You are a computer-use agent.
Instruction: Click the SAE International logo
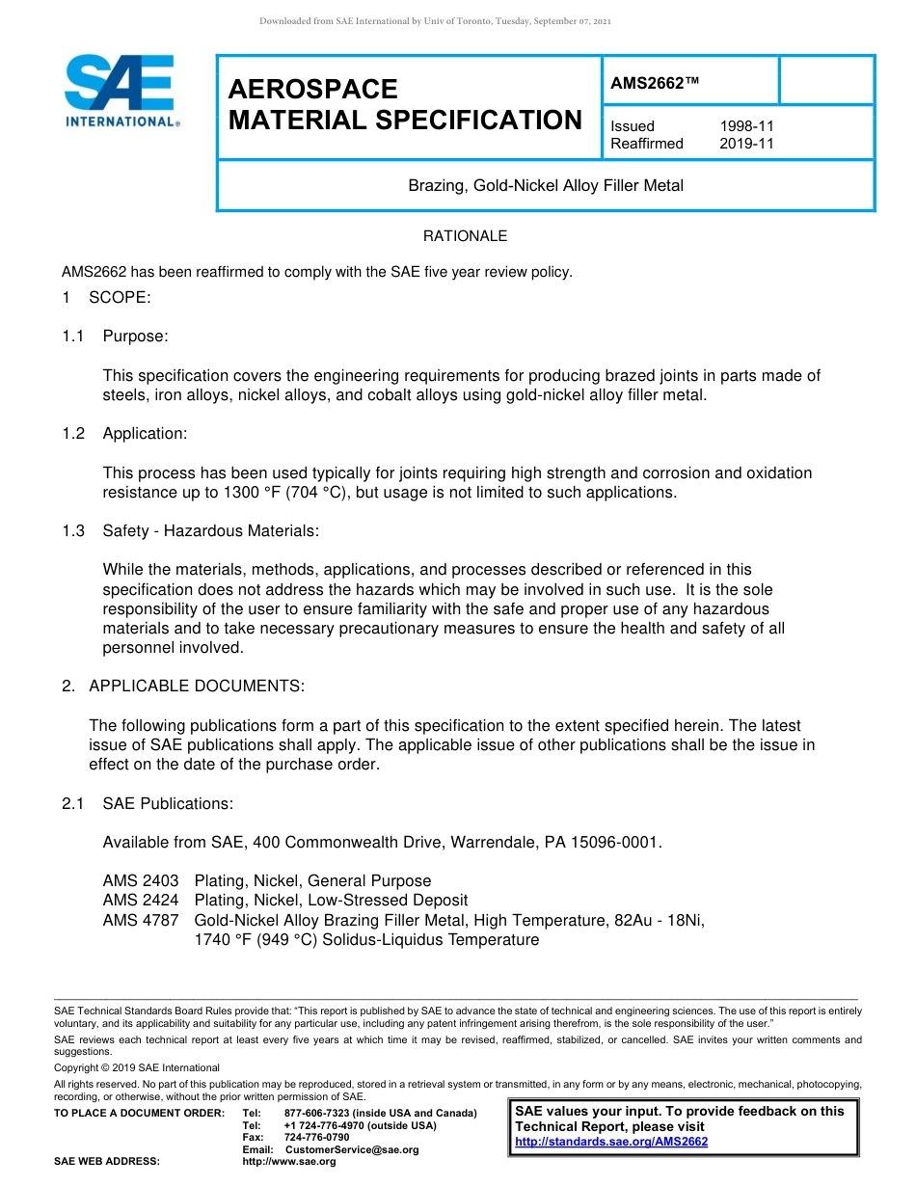[x=121, y=91]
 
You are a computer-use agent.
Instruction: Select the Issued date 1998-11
[x=746, y=126]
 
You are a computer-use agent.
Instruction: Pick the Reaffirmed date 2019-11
[x=746, y=144]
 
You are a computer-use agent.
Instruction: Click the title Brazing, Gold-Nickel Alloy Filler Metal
[x=546, y=185]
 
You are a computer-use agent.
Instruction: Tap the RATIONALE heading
[x=465, y=236]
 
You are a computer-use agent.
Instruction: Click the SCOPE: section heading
[x=120, y=297]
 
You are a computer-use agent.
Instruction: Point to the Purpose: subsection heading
[x=135, y=336]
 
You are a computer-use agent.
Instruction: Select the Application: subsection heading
[x=145, y=433]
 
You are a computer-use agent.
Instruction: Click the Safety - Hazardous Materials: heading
[x=210, y=530]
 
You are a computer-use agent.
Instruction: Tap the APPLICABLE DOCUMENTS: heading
[x=197, y=686]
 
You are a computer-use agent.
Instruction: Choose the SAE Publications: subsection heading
[x=168, y=803]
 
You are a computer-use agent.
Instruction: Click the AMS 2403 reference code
[x=141, y=880]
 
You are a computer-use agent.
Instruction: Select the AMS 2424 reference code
[x=141, y=901]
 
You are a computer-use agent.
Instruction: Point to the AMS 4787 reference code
[x=141, y=920]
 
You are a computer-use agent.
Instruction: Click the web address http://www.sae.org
[x=289, y=1162]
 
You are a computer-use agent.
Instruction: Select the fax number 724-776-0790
[x=316, y=1138]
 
